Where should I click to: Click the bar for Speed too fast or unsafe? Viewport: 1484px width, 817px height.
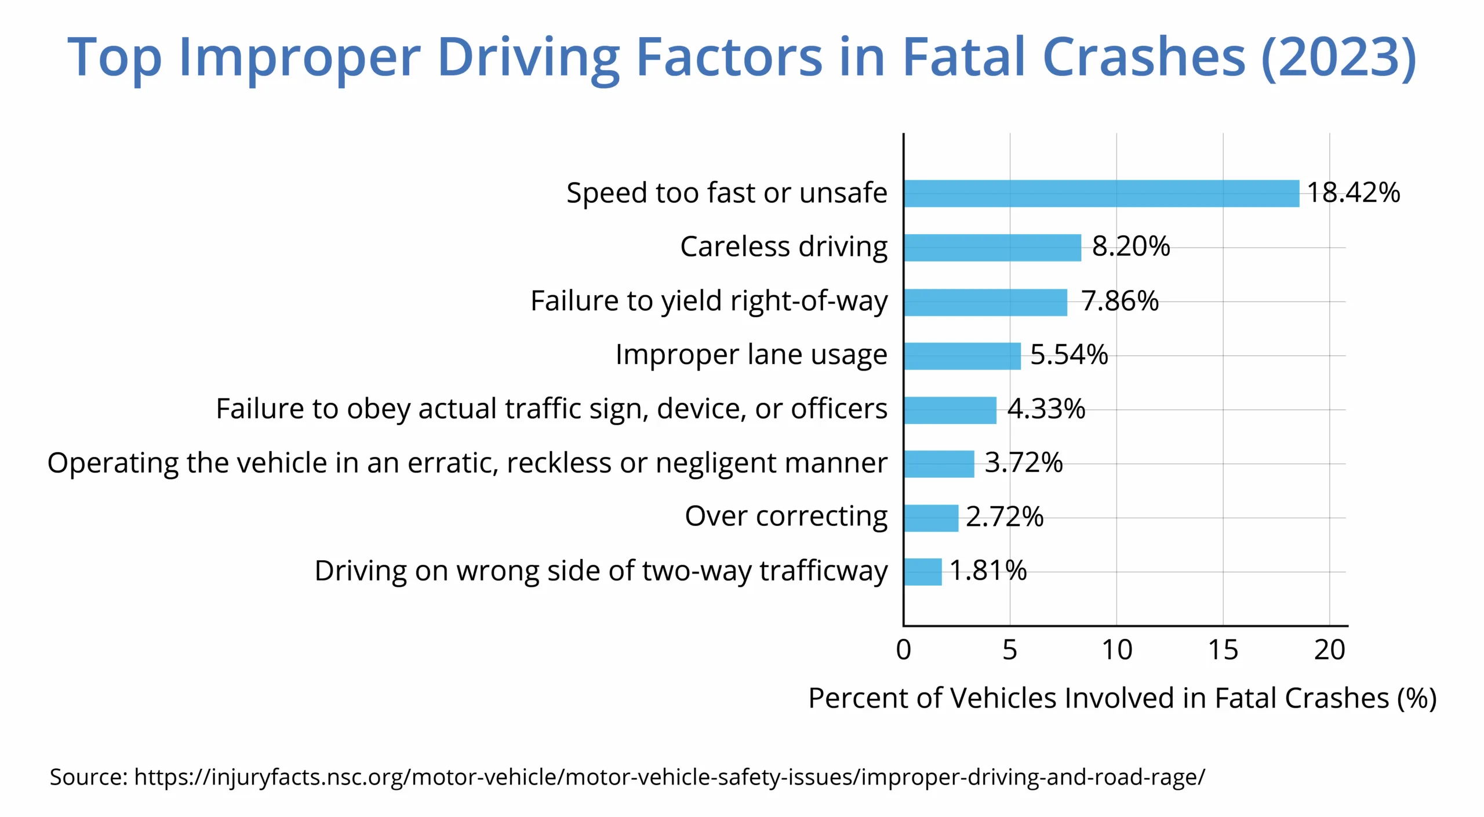[1101, 194]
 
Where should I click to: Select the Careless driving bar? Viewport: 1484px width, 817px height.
[992, 248]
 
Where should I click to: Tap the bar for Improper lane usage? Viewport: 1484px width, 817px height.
[962, 355]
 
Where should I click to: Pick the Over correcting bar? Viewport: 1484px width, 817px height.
[931, 518]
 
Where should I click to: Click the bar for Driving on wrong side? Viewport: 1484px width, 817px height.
[923, 572]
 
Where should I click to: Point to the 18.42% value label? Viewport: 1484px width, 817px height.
[1353, 193]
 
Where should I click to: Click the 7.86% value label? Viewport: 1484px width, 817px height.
[1120, 301]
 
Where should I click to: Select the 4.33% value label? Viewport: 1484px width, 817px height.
[1046, 409]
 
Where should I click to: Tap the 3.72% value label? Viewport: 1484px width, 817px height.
[1024, 463]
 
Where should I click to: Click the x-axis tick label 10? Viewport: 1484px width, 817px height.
[1116, 650]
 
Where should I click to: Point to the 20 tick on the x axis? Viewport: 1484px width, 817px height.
[1329, 650]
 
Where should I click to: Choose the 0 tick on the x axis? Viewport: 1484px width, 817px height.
[903, 650]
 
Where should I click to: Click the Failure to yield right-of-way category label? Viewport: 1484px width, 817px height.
[709, 302]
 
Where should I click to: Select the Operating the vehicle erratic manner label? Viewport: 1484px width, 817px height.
[467, 463]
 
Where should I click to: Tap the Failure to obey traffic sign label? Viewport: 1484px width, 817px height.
[551, 409]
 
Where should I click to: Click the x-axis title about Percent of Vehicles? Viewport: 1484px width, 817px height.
[1122, 698]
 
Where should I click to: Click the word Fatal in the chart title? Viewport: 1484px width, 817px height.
[964, 57]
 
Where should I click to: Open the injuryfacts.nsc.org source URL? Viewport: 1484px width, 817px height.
[670, 777]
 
